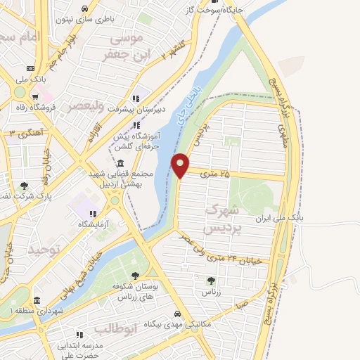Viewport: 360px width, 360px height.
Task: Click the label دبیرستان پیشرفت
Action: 160,110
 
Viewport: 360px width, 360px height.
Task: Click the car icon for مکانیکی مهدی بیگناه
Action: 177,314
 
